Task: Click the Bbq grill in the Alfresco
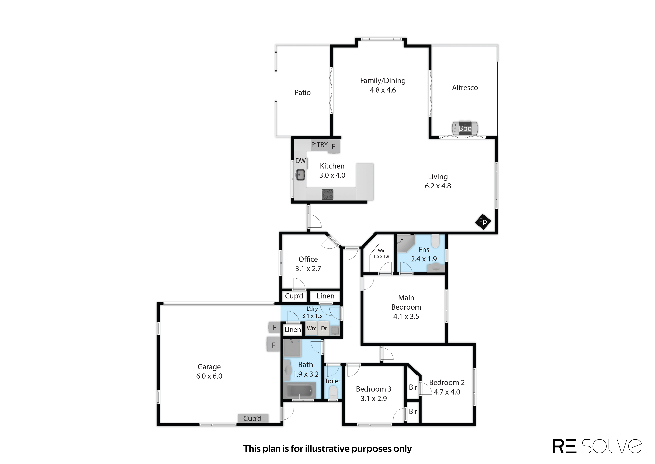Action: click(x=465, y=128)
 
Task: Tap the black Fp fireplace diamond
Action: click(x=483, y=221)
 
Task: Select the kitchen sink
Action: click(x=300, y=175)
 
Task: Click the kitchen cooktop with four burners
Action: click(x=327, y=194)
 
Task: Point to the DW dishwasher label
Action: click(x=300, y=161)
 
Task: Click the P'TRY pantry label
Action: click(x=319, y=145)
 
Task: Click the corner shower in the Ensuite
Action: click(x=405, y=243)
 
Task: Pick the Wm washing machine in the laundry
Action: click(x=312, y=328)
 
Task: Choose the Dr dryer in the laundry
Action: click(x=324, y=328)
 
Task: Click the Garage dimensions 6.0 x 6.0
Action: click(x=209, y=376)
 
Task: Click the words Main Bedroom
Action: click(x=406, y=302)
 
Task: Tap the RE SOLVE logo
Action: click(x=597, y=446)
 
